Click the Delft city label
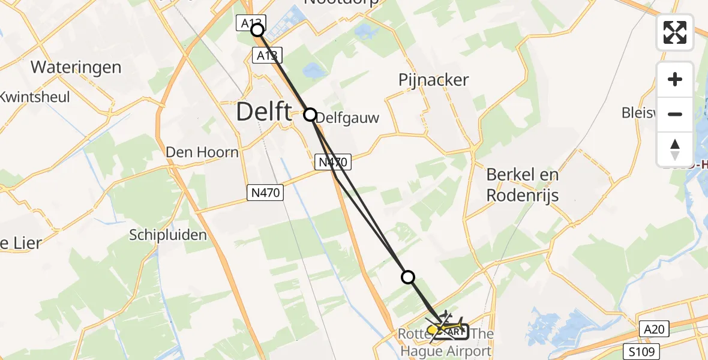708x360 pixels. tap(264, 112)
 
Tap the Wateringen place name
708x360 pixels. tap(76, 67)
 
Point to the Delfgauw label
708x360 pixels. tap(347, 118)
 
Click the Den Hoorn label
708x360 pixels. tap(202, 152)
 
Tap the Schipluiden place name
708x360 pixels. tap(168, 235)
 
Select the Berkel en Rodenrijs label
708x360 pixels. tap(523, 185)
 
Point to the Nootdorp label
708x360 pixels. tap(343, 3)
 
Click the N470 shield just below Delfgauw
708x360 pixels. tap(332, 161)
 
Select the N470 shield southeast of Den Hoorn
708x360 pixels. tap(265, 192)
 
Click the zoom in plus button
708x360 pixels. tap(675, 80)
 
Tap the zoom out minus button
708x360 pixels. tap(675, 114)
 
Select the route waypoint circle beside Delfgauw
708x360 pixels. tap(310, 114)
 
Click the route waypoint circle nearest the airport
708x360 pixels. tap(408, 277)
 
